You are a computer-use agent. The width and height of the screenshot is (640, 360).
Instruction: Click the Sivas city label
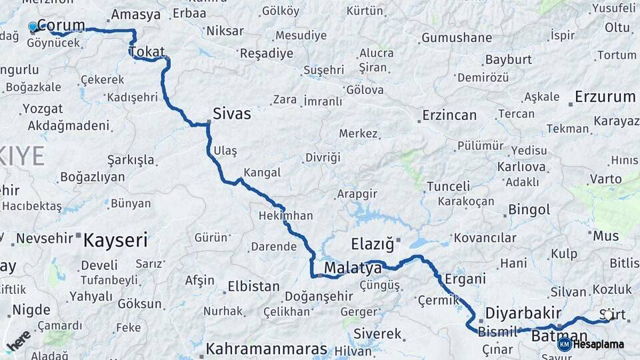coord(232,113)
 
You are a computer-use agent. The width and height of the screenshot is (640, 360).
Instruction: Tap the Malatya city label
coord(353,268)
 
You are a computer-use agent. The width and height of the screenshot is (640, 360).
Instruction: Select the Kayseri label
coord(115,240)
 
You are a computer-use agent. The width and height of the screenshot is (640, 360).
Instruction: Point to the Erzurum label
coord(605,97)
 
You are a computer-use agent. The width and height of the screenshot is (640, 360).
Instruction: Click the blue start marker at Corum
coord(33,27)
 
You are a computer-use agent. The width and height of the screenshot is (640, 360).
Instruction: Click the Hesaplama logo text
coord(599,344)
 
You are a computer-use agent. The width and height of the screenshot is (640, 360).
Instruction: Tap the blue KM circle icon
coord(564,344)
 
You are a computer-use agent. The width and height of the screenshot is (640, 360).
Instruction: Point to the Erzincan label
coord(449,115)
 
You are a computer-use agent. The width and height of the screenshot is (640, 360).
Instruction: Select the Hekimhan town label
coord(285,215)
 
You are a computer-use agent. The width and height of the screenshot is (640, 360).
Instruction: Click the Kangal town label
coord(262,173)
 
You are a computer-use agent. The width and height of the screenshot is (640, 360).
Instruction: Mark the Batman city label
coord(559,336)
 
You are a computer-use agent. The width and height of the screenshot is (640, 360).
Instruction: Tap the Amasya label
coord(136,14)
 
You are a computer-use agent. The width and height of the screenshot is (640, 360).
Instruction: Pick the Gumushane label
coord(457,38)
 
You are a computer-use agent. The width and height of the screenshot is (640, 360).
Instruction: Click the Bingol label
coord(529,210)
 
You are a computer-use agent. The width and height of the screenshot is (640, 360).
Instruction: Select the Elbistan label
coord(253,287)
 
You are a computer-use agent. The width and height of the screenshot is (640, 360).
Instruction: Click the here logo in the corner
coord(19,340)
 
